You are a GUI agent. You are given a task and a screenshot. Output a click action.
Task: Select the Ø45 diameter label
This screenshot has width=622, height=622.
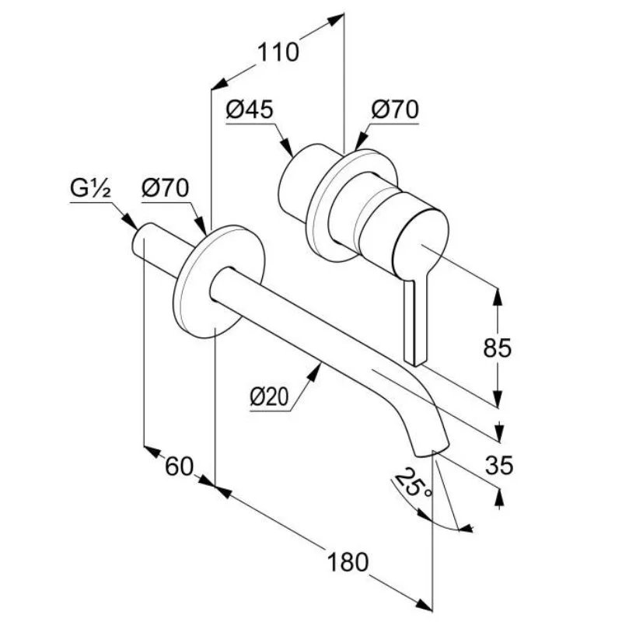pos(250,110)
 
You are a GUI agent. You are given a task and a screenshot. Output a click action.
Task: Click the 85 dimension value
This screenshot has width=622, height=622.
pos(498,347)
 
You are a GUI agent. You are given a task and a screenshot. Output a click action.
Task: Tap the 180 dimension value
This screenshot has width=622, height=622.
pos(347,561)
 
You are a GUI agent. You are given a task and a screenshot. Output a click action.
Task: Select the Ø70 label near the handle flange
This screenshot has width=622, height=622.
pos(394,110)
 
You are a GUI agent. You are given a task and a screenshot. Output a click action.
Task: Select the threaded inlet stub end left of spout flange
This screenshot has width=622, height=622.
pos(144,238)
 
